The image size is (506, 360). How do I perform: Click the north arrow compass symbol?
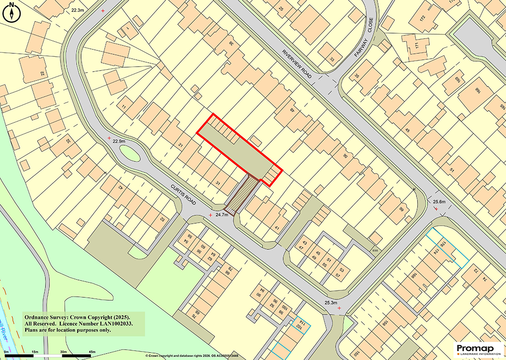11,12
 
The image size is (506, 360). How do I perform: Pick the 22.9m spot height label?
119,141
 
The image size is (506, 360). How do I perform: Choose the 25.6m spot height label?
439,201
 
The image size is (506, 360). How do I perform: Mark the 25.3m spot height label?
331,303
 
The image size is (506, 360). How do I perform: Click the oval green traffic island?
129,156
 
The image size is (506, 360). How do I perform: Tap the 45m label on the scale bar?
91,352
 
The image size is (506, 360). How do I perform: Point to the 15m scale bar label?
35,352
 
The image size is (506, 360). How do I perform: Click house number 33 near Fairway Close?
332,59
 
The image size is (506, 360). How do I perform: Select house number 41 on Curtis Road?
277,228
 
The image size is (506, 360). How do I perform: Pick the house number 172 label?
423,18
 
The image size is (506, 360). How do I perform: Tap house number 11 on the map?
124,106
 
